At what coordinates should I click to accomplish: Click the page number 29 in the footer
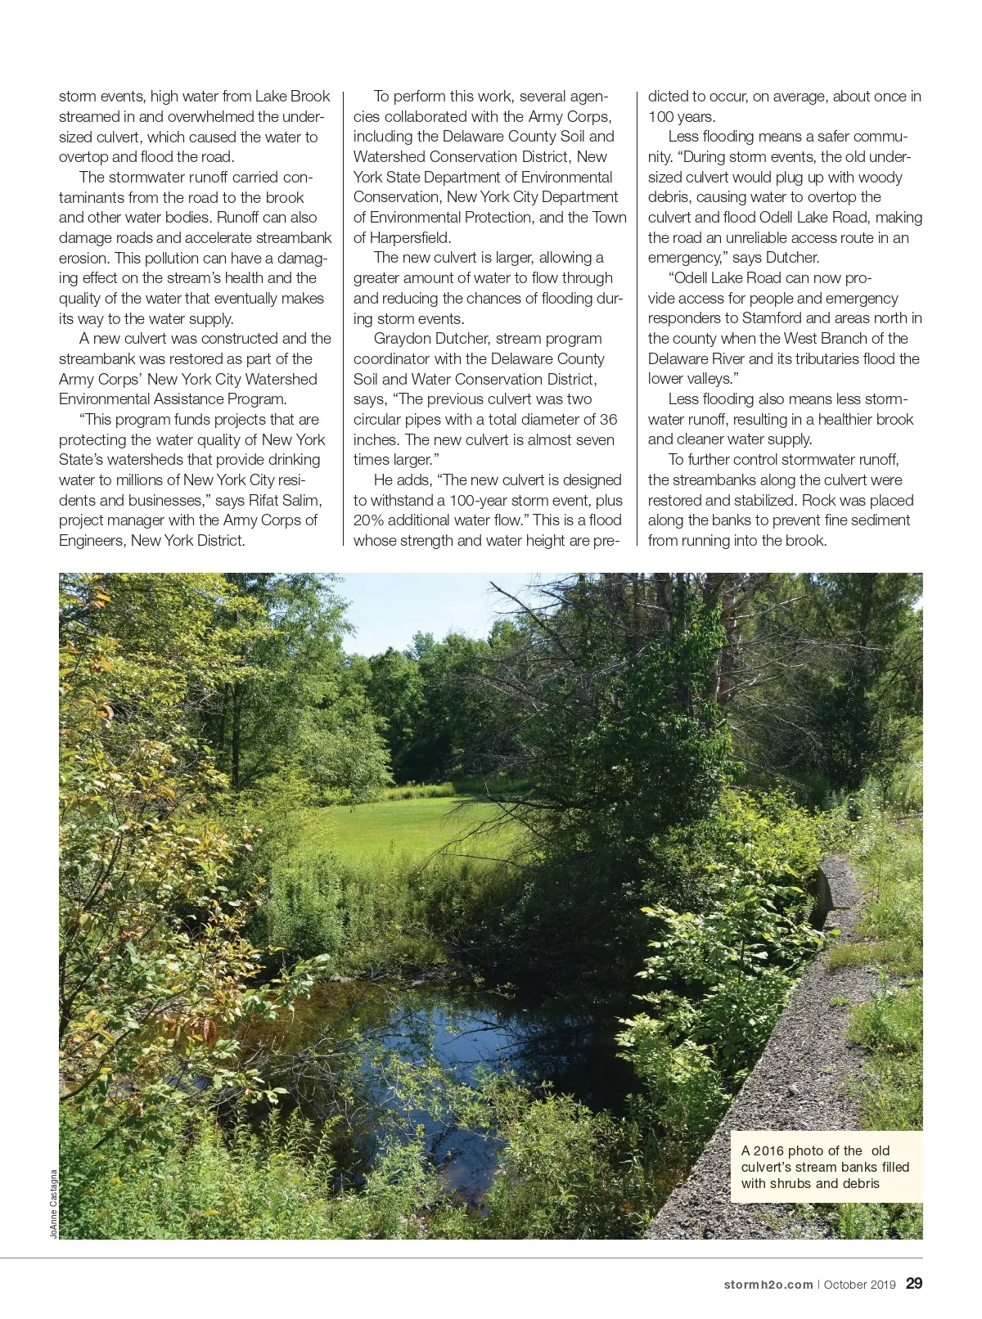[x=914, y=1283]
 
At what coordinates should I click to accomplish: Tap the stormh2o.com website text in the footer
[x=768, y=1285]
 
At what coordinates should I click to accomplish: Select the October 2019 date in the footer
[x=859, y=1285]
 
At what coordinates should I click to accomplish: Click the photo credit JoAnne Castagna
[x=54, y=1204]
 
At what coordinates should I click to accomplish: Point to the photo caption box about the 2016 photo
[x=826, y=1167]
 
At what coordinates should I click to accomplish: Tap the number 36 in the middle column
[x=608, y=420]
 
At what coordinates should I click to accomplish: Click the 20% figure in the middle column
[x=368, y=520]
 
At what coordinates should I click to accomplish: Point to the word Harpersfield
[x=410, y=238]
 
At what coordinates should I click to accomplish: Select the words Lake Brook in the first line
[x=292, y=97]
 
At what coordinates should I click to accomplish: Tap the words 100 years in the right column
[x=681, y=117]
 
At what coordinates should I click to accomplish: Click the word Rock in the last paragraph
[x=818, y=500]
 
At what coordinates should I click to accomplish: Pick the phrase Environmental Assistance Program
[x=173, y=399]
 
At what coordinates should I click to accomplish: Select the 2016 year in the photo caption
[x=768, y=1150]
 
